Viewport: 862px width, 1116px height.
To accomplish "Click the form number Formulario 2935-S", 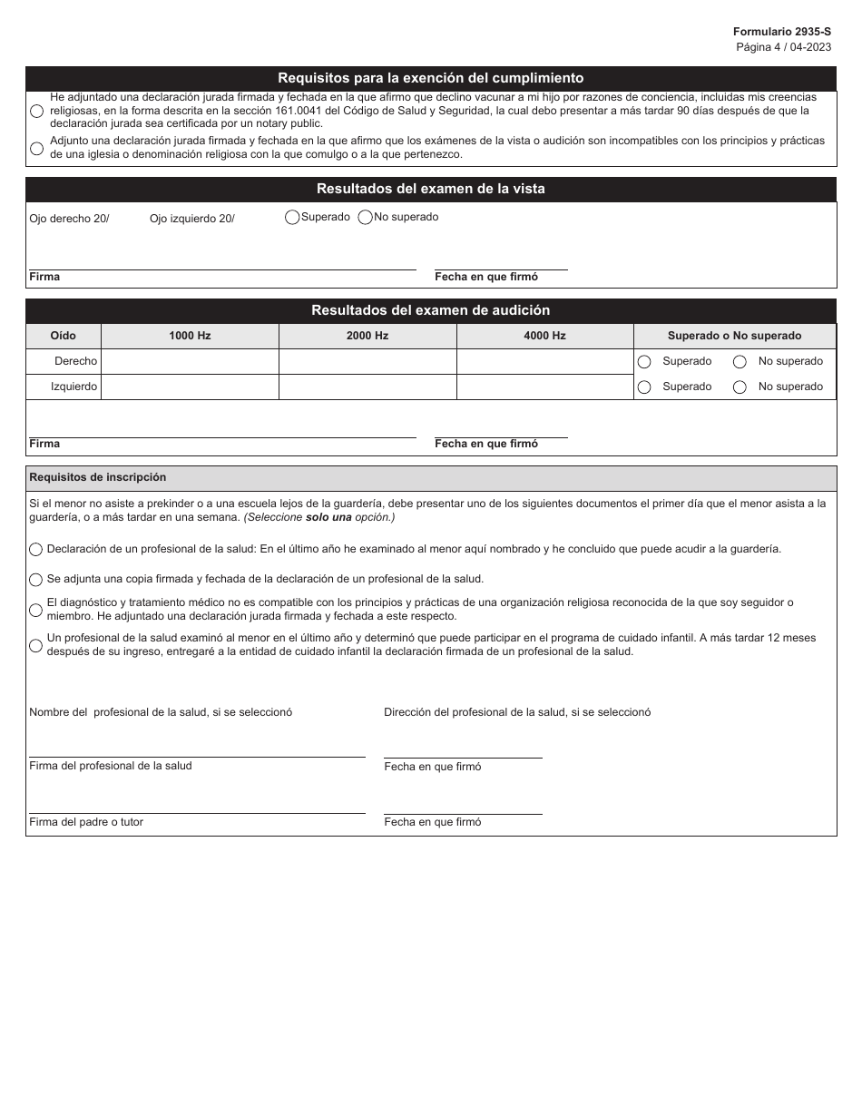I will pyautogui.click(x=781, y=31).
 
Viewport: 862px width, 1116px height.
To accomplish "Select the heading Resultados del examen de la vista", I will pyautogui.click(x=430, y=189).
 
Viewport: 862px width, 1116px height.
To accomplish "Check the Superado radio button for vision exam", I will pyautogui.click(x=292, y=218).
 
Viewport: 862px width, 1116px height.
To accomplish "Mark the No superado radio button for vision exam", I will pyautogui.click(x=365, y=218).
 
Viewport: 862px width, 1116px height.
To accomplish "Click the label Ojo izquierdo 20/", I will pyautogui.click(x=191, y=219).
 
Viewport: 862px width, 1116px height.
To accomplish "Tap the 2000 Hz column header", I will pyautogui.click(x=367, y=336).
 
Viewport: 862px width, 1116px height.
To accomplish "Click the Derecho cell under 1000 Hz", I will pyautogui.click(x=190, y=361).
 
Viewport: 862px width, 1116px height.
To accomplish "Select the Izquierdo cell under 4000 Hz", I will pyautogui.click(x=544, y=387).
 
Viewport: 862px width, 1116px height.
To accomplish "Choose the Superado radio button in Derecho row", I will pyautogui.click(x=644, y=362).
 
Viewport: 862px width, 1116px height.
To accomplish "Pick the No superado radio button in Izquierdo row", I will pyautogui.click(x=740, y=387).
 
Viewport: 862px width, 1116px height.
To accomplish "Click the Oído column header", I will pyautogui.click(x=63, y=336).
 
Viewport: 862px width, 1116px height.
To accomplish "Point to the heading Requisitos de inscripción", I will pyautogui.click(x=98, y=477).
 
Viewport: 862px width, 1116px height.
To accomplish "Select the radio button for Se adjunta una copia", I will pyautogui.click(x=36, y=580).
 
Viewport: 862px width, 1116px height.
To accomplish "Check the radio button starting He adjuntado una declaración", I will pyautogui.click(x=36, y=111).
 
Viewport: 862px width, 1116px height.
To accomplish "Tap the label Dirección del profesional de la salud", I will pyautogui.click(x=517, y=712).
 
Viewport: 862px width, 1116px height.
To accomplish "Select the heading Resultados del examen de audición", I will pyautogui.click(x=430, y=310).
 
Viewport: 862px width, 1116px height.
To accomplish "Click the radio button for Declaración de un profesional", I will pyautogui.click(x=36, y=550).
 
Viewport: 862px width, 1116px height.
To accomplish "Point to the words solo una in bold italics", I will pyautogui.click(x=330, y=517).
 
